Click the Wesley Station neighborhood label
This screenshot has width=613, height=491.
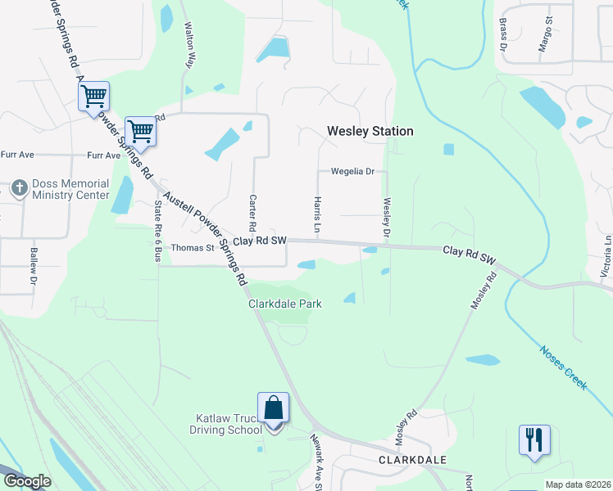tap(370, 131)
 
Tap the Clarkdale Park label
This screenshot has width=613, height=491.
tap(285, 304)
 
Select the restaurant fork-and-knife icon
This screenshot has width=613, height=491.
tap(534, 440)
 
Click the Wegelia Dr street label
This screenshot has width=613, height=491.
tap(352, 172)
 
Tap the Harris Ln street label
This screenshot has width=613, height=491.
tap(316, 213)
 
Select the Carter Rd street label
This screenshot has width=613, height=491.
tap(252, 213)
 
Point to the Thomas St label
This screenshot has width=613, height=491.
tap(192, 247)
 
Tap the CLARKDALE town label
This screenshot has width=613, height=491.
tap(412, 460)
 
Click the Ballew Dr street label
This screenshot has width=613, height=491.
tap(34, 265)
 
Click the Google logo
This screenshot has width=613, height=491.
tap(27, 481)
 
